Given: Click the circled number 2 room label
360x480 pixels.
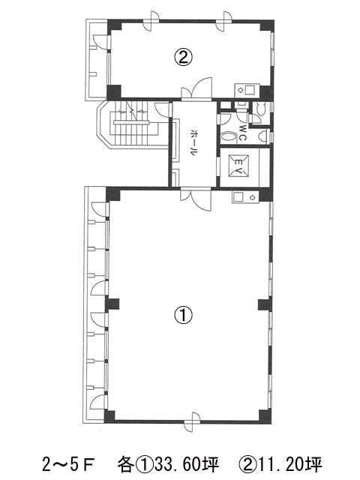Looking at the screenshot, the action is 183,57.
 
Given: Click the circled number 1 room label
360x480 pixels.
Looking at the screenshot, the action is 183,315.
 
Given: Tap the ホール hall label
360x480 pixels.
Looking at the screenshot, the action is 193,142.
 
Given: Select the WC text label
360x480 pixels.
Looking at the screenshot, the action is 242,132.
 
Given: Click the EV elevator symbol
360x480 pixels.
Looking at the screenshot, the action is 238,166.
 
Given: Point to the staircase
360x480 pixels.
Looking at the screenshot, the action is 133,125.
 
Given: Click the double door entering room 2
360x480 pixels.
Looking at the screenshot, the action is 196,88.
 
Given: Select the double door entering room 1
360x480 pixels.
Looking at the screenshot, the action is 196,199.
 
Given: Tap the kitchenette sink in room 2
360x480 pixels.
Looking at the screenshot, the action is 247,91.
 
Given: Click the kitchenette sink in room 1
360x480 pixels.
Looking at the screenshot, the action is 244,196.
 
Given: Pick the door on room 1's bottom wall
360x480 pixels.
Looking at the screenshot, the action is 192,421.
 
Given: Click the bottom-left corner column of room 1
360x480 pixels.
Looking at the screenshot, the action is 110,417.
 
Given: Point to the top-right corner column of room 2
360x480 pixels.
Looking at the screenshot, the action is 267,25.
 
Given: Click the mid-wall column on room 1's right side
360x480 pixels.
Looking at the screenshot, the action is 265,305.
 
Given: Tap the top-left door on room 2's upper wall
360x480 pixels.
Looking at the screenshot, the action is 151,21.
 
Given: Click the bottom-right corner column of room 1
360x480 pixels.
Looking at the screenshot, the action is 265,417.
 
